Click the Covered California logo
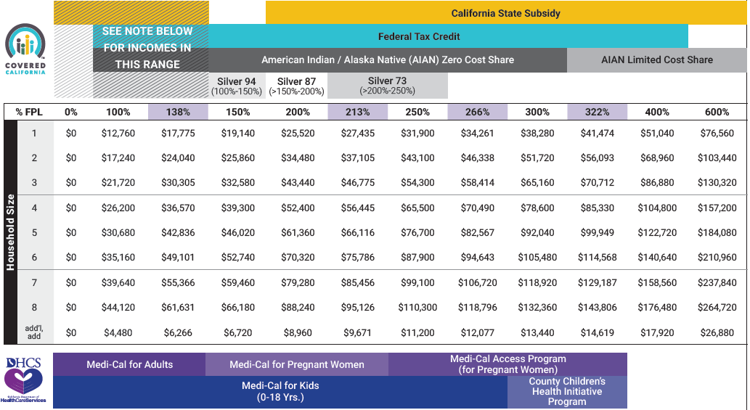26,49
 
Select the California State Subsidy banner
505,13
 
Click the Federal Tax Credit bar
419,36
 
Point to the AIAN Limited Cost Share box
656,60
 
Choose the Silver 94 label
236,86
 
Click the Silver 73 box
387,86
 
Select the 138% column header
178,112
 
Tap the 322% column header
597,112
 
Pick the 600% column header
716,112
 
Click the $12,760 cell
118,134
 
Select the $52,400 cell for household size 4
298,208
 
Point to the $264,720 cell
716,308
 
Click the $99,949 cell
597,233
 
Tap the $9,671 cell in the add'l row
357,332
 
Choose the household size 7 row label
34,283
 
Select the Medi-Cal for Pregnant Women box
297,364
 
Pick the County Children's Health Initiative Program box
566,392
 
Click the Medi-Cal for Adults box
129,364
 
